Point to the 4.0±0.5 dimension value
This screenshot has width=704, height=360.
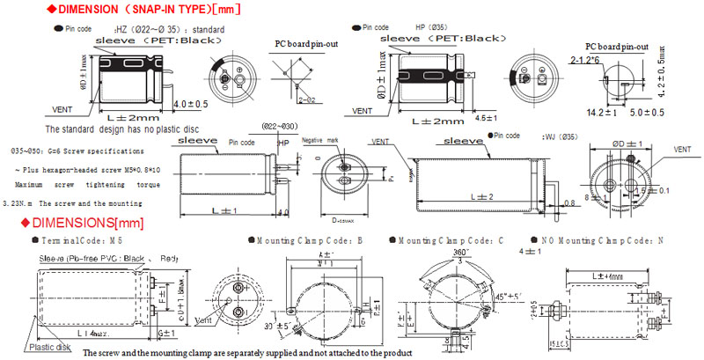191,103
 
